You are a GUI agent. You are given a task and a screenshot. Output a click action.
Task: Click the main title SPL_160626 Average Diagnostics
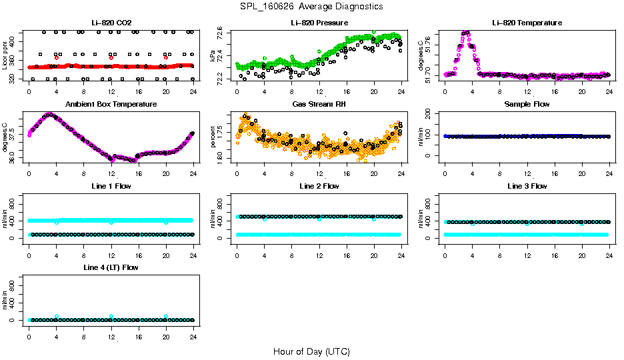click(312, 7)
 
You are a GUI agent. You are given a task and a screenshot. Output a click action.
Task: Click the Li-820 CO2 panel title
click(111, 23)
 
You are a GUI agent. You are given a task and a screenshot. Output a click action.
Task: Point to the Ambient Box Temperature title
click(111, 105)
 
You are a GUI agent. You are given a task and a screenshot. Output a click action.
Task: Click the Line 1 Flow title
click(111, 186)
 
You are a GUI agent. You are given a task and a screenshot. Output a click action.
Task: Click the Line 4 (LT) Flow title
click(111, 267)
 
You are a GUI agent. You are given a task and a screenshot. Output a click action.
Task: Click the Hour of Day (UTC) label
click(311, 351)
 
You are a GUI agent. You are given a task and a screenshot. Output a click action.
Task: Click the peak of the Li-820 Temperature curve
click(465, 32)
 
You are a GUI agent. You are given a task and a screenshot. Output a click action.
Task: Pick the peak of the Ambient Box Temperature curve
click(48, 115)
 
